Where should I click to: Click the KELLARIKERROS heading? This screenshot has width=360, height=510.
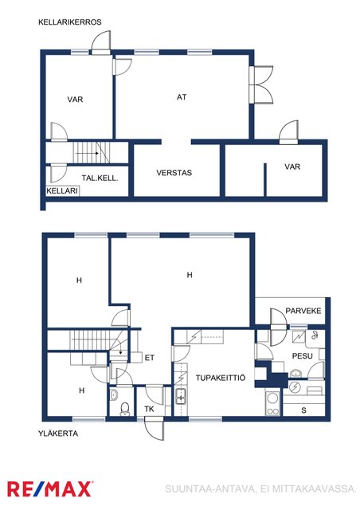[x=70, y=22]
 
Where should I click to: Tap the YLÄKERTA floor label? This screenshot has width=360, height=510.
[x=58, y=433]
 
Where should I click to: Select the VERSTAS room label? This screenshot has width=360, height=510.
[x=174, y=173]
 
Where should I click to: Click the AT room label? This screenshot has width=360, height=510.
[x=182, y=97]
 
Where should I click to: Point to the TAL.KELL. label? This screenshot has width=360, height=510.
[x=100, y=178]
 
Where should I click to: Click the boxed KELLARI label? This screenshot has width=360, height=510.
[x=62, y=190]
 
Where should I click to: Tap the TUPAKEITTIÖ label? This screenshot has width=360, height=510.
[x=221, y=378]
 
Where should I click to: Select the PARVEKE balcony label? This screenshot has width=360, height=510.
[x=303, y=311]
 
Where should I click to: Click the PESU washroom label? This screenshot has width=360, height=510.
[x=302, y=356]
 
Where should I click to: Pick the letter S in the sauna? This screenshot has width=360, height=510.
[x=303, y=410]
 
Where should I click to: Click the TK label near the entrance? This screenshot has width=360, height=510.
[x=149, y=409]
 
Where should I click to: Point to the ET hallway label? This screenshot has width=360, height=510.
[x=149, y=358]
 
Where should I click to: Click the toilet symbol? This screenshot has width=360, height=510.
[x=124, y=409]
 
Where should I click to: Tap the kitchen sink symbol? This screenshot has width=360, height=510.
[x=181, y=397]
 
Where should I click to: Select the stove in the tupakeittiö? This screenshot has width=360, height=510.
[x=272, y=403]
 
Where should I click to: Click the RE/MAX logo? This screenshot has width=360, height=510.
[x=49, y=488]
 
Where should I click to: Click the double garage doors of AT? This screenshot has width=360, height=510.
[x=261, y=85]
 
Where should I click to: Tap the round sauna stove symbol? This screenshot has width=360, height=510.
[x=295, y=387]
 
